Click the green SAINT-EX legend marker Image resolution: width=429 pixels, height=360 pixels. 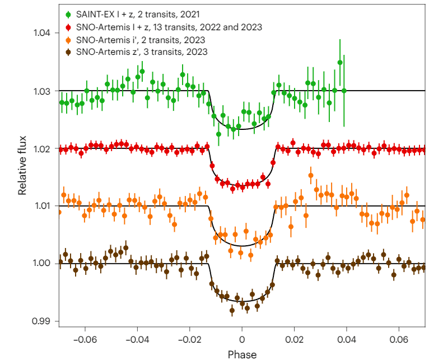coord(68,13)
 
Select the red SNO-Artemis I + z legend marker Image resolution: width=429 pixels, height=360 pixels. coord(68,26)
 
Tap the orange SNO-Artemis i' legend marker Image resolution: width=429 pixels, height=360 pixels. coord(68,39)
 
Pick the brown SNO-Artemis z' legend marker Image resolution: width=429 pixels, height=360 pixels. coord(68,52)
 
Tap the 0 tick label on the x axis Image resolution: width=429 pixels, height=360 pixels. coord(242,339)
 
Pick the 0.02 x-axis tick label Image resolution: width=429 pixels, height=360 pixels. coord(295,339)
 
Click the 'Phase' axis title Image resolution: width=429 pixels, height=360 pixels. coord(242,354)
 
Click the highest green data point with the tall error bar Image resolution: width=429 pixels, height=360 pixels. coord(340,62)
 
